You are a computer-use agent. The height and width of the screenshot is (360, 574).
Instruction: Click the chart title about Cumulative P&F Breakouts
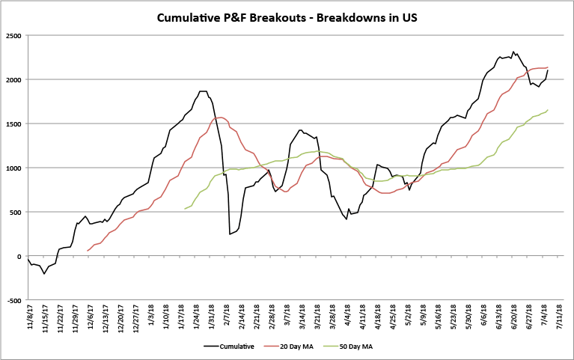click(287, 16)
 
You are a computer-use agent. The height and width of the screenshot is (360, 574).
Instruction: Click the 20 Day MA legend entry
click(299, 347)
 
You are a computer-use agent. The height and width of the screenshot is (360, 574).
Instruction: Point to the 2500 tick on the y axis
click(13, 36)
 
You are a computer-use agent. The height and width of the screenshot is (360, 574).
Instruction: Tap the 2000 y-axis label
click(13, 80)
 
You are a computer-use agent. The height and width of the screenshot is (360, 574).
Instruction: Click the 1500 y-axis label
click(13, 124)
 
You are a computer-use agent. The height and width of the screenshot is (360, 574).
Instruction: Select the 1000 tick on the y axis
click(13, 168)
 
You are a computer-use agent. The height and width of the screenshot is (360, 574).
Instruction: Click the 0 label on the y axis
click(19, 257)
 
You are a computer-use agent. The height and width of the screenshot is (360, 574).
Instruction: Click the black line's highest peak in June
click(513, 52)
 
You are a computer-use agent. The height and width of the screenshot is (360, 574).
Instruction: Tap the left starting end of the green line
click(184, 209)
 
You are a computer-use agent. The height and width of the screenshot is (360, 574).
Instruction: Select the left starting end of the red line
click(88, 251)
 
